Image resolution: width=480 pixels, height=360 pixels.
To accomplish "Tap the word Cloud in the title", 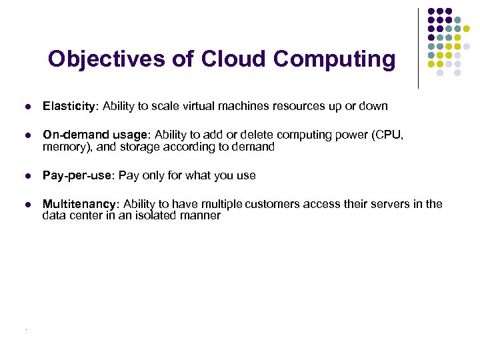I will coord(226,59).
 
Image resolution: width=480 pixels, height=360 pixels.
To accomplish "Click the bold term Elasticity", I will coord(70,107).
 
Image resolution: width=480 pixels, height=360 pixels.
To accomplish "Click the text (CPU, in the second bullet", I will coord(389,135).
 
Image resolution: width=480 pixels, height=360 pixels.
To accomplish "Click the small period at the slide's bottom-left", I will coord(25,330).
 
